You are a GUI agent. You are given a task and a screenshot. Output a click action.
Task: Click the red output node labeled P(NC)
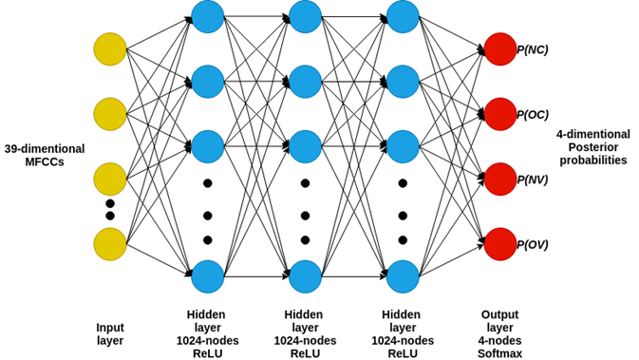tap(499, 49)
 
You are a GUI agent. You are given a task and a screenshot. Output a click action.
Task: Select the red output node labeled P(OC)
tap(499, 114)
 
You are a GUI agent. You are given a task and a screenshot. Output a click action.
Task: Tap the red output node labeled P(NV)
tap(499, 180)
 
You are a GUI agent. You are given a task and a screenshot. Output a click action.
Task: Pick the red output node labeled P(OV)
tap(499, 244)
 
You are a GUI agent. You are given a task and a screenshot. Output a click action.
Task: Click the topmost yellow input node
tap(110, 49)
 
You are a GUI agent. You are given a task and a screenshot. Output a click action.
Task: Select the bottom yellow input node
tap(110, 244)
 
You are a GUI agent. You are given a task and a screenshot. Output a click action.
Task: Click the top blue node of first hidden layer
tap(207, 16)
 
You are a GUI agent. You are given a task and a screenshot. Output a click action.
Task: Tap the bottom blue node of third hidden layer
tap(403, 276)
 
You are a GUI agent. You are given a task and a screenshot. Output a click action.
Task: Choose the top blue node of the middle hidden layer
tap(305, 16)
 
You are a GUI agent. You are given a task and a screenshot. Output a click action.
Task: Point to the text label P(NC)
tap(532, 49)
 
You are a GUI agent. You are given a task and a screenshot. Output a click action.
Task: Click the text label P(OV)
tap(532, 245)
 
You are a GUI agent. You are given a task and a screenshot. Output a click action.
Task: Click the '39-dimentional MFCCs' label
tap(45, 156)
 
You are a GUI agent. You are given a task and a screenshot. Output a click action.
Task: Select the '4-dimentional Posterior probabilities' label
tap(592, 147)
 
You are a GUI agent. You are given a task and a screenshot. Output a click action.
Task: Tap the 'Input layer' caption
tap(110, 333)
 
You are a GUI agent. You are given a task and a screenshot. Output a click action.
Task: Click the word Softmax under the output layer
tap(499, 353)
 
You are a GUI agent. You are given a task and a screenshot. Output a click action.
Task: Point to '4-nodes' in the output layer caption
tap(499, 340)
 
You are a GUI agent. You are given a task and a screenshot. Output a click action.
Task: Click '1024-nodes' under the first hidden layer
tap(207, 340)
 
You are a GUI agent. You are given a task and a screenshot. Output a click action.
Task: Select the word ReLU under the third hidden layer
tap(403, 353)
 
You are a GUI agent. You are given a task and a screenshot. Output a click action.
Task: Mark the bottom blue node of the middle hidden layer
tap(305, 276)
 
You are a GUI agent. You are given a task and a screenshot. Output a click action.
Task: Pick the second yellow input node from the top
tap(110, 114)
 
